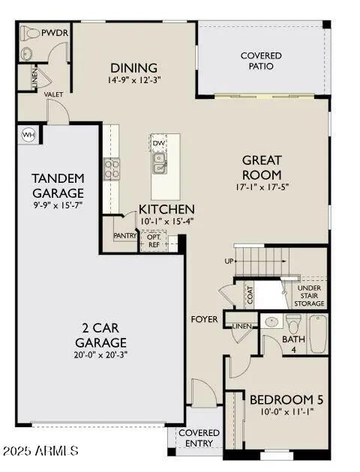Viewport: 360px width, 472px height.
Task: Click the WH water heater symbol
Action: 28,134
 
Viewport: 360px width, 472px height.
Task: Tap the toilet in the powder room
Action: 30,34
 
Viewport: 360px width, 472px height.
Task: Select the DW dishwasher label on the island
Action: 159,143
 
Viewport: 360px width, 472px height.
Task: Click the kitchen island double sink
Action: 159,162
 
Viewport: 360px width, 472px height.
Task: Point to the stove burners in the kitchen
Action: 111,169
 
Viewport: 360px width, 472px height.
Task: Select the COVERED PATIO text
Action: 261,61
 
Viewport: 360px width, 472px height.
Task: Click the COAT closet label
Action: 250,295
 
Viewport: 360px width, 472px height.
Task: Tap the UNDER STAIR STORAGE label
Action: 309,297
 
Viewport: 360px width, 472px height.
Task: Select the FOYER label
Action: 204,319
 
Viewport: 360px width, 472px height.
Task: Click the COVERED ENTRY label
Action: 199,438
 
